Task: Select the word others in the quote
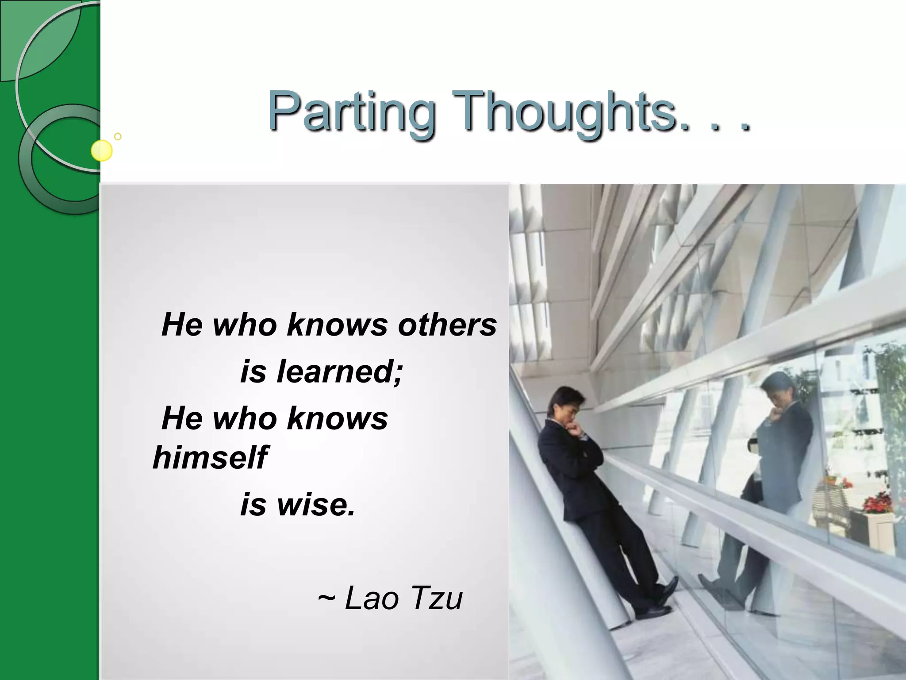pos(447,325)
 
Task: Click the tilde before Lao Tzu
pos(326,598)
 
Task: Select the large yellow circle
pos(102,151)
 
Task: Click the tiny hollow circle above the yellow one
pos(118,136)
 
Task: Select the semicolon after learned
pos(398,374)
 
